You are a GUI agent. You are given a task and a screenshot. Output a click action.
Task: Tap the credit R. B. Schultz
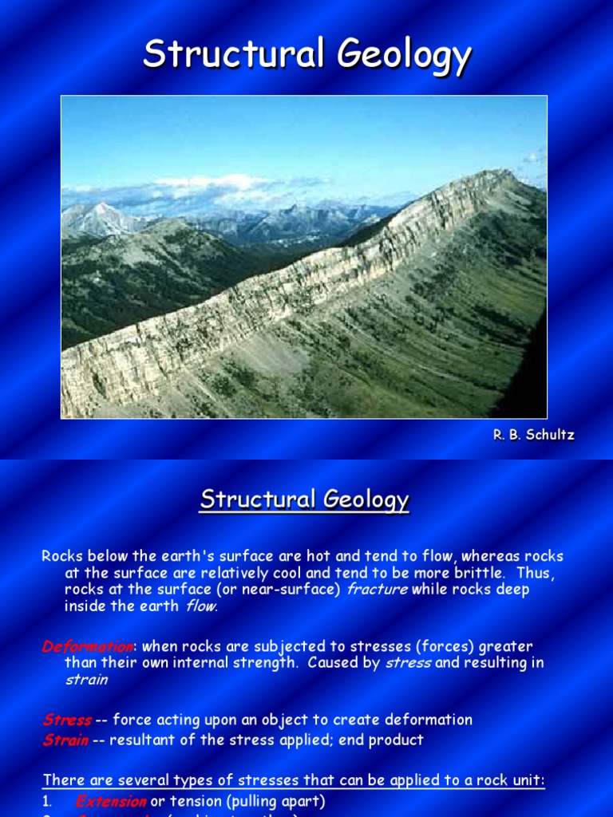532,435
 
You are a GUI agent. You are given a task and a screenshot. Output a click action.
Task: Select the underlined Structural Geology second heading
304,500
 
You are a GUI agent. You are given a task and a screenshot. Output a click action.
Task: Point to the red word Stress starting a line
67,720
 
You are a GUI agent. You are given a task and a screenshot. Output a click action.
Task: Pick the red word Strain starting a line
65,740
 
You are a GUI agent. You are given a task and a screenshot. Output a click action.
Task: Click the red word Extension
111,801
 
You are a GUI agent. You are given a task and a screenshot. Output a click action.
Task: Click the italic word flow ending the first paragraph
200,606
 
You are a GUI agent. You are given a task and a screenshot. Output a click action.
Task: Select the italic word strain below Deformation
85,680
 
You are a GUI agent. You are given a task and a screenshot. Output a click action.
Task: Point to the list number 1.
47,801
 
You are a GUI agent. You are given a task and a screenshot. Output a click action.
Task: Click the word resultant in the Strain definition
140,740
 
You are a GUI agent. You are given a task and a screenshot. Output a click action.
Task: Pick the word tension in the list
192,801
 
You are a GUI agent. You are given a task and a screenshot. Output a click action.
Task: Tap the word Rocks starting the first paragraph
61,556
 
